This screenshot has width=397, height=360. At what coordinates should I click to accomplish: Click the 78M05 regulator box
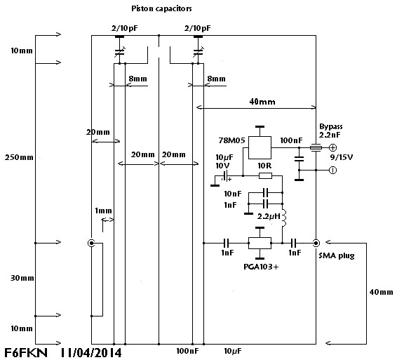[260, 147]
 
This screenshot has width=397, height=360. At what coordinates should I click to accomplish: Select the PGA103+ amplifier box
[260, 244]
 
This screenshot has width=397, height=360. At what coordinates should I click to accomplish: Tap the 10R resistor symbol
[265, 175]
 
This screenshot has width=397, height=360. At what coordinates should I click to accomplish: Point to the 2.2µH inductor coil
[283, 218]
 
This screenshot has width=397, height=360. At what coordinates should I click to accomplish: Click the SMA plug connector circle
[316, 244]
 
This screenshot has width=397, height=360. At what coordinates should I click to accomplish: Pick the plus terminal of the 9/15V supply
[332, 147]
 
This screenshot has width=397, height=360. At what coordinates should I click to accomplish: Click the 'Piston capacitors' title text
[161, 9]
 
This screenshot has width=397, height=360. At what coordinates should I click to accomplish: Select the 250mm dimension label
[19, 158]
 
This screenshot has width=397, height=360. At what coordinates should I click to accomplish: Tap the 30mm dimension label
[22, 278]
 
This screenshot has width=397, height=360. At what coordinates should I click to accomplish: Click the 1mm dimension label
[103, 211]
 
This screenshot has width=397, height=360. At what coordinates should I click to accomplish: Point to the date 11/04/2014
[91, 353]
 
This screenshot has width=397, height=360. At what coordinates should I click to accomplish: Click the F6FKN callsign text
[26, 353]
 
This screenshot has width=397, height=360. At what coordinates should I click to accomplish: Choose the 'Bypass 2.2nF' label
[330, 131]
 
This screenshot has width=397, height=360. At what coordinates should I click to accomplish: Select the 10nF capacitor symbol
[265, 193]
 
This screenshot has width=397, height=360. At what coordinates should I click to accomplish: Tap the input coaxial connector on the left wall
[91, 244]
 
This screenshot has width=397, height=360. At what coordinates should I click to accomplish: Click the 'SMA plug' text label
[337, 255]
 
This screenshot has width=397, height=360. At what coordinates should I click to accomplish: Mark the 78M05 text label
[232, 140]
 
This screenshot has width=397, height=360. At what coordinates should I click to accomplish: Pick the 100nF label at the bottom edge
[187, 351]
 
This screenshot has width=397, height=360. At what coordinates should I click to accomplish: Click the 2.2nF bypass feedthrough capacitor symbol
[316, 147]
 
